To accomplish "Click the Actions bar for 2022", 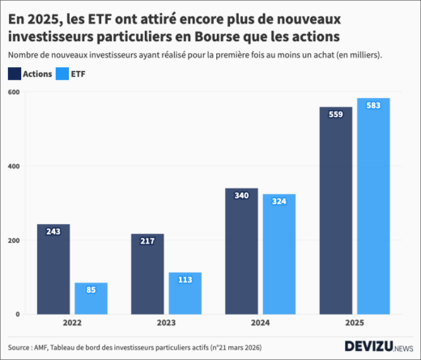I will tap(53, 269).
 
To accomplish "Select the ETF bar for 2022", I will tap(91, 299).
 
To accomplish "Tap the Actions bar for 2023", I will tap(147, 274).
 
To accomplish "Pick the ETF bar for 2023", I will tap(185, 294).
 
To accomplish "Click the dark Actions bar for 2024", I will tap(241, 252).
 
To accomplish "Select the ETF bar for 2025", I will tap(373, 206).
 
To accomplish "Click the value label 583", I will tap(373, 106).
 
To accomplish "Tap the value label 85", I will tap(91, 290).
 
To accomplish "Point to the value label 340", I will tap(241, 196).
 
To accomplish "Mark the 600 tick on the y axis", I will tap(14, 92).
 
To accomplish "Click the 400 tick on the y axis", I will tap(14, 167).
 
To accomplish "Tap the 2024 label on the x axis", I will tap(260, 322).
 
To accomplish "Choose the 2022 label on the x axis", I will tap(72, 322).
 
